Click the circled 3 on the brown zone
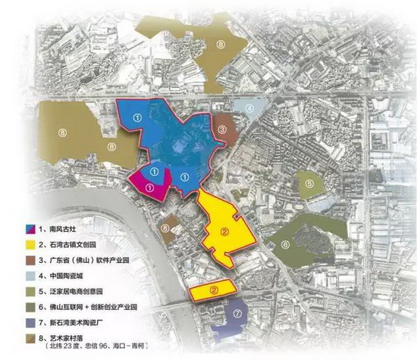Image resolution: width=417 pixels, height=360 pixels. [x=222, y=130]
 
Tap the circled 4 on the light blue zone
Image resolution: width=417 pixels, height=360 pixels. [x=249, y=108]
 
